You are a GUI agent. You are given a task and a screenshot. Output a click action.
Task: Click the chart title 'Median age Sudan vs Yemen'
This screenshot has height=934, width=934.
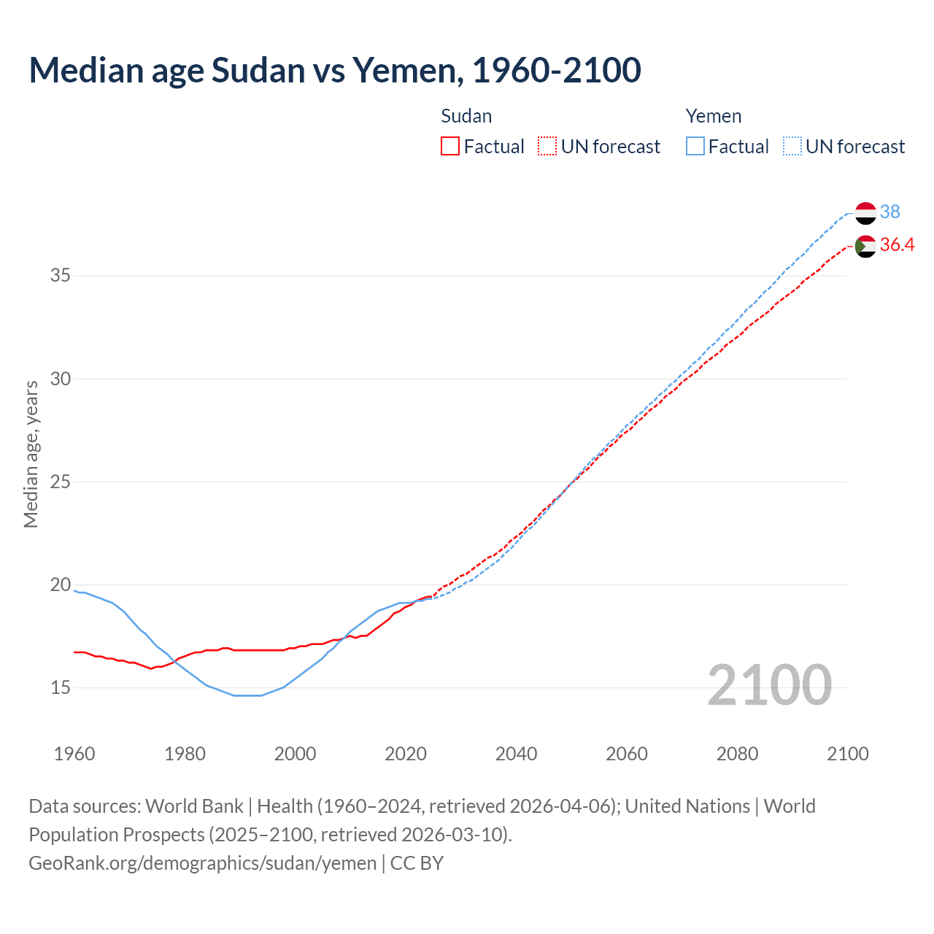click(x=334, y=70)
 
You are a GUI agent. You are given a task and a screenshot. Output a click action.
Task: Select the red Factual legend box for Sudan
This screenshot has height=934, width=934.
click(x=450, y=147)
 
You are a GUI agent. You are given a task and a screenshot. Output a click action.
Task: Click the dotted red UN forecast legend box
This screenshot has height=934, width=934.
click(x=547, y=147)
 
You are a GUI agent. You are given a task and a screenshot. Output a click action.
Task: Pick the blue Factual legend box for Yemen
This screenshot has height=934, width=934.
click(x=695, y=147)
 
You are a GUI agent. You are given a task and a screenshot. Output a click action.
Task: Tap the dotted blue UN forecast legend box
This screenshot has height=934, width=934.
click(x=792, y=147)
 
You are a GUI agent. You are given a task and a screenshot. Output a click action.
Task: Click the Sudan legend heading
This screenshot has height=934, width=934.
click(x=466, y=116)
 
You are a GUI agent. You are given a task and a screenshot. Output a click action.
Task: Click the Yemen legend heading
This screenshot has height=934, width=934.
click(x=713, y=116)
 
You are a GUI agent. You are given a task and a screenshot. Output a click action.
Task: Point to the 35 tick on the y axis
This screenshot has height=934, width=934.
click(x=61, y=276)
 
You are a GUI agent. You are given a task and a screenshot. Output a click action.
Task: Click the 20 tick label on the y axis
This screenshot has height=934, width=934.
click(x=61, y=584)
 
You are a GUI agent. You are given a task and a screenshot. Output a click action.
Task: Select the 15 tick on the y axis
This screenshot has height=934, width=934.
click(x=61, y=687)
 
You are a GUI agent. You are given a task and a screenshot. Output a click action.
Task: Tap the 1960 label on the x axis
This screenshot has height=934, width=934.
click(x=74, y=754)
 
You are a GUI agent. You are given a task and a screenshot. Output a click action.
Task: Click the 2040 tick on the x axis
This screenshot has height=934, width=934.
click(x=516, y=754)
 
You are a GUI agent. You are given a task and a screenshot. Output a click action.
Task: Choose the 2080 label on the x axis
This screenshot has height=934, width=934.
click(x=737, y=754)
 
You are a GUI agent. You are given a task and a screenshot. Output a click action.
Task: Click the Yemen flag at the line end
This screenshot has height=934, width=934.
click(x=865, y=213)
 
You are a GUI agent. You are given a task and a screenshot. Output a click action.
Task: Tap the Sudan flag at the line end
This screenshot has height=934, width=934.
click(x=865, y=247)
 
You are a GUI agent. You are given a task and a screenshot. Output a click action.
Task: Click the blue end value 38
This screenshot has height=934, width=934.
click(x=889, y=212)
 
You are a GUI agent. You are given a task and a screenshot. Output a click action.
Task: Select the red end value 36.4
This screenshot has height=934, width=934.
click(x=897, y=245)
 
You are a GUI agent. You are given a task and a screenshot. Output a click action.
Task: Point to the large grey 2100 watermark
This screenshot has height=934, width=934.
click(x=769, y=684)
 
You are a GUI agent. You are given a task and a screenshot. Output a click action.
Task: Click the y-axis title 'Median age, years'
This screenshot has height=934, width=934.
click(x=31, y=454)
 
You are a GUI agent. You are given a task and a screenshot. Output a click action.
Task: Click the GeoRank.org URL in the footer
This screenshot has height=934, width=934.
click(x=202, y=862)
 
